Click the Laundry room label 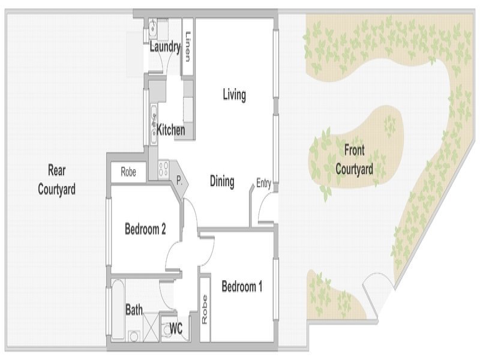click(x=165, y=47)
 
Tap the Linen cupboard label click(x=188, y=47)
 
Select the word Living click(x=234, y=95)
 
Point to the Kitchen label click(x=171, y=130)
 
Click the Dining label click(x=222, y=181)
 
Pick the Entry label click(x=263, y=184)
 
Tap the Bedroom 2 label click(x=145, y=229)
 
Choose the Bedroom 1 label click(x=242, y=287)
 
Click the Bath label click(x=134, y=310)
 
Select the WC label click(x=176, y=329)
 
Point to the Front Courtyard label click(x=354, y=160)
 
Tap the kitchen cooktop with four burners click(x=164, y=169)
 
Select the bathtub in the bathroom click(x=118, y=310)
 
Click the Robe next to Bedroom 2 click(x=128, y=172)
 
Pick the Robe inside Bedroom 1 click(x=205, y=309)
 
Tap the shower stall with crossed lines click(x=151, y=328)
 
